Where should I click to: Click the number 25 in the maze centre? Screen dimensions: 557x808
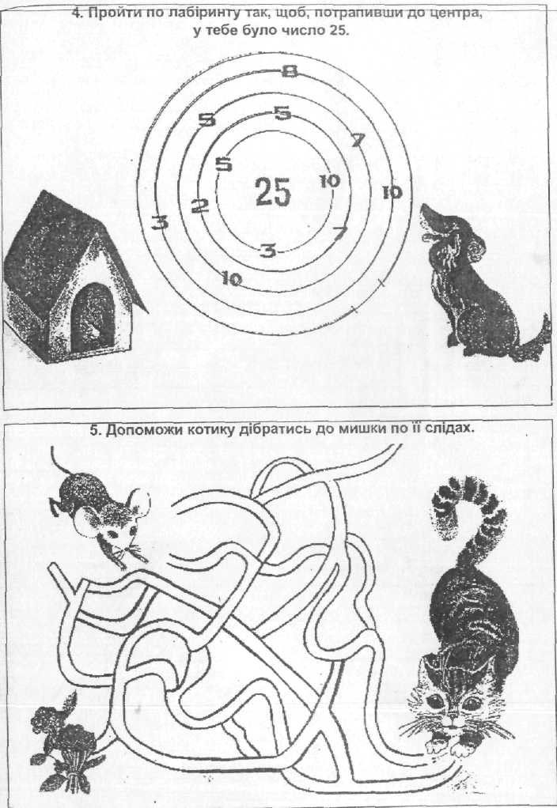(x=273, y=191)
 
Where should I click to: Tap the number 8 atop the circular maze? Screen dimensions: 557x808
(x=290, y=72)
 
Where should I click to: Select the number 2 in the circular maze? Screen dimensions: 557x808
(x=200, y=206)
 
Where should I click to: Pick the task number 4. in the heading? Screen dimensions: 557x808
(x=78, y=13)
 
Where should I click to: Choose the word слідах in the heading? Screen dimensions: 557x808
(x=449, y=429)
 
